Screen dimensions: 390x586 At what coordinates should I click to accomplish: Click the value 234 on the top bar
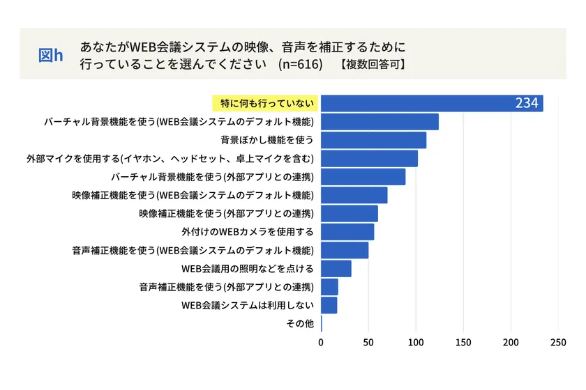(527, 103)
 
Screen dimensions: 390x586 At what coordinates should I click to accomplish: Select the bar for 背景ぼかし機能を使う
(373, 140)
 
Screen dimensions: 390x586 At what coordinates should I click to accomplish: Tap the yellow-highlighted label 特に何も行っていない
(265, 103)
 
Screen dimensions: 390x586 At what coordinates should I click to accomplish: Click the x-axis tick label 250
(558, 342)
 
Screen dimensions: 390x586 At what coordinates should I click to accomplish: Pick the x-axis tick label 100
(416, 342)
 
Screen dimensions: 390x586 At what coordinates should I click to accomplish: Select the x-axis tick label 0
(321, 342)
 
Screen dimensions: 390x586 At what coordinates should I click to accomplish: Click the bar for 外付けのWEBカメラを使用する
(347, 232)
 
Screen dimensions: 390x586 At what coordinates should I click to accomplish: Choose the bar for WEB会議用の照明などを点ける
(336, 269)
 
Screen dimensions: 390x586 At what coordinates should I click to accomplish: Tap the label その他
(300, 324)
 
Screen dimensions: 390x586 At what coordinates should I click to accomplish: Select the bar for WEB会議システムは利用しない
(329, 305)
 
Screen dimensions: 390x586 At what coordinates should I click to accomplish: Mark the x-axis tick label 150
(463, 342)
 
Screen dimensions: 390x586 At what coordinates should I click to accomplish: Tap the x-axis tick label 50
(368, 342)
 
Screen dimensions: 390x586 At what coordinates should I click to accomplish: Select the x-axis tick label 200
(511, 342)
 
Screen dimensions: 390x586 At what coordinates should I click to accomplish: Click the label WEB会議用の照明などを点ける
(248, 269)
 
